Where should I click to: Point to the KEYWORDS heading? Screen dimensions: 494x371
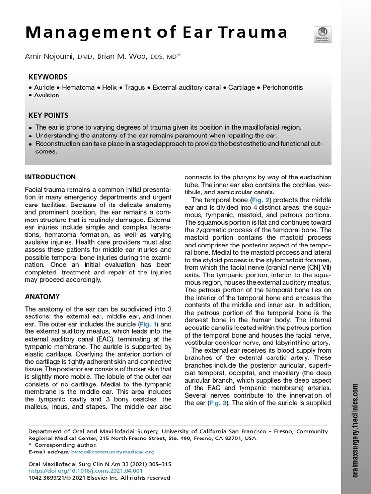pyautogui.click(x=48, y=77)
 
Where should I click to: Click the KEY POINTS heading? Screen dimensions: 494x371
pyautogui.click(x=48, y=116)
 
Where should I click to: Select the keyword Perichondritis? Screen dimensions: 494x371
pyautogui.click(x=283, y=88)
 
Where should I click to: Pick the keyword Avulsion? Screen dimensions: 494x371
pyautogui.click(x=46, y=96)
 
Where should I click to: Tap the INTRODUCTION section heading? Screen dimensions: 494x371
pyautogui.click(x=50, y=177)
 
